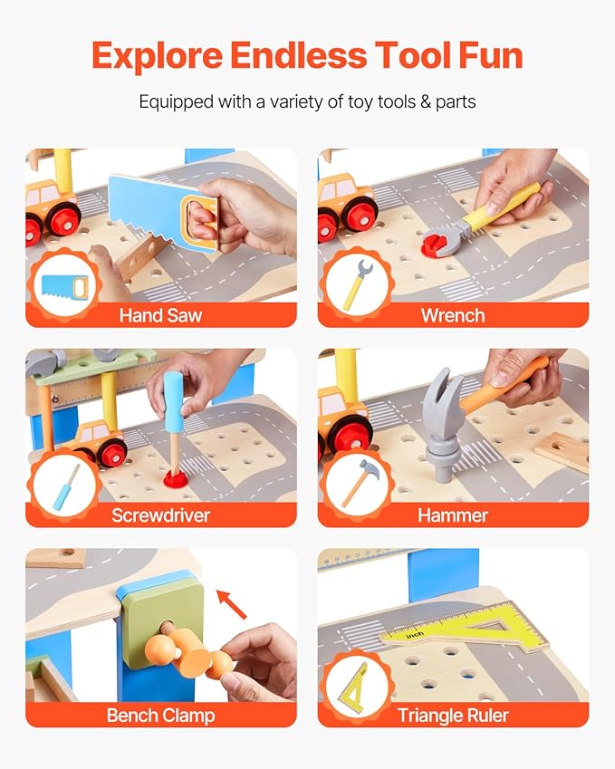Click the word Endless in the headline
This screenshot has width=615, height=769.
pyautogui.click(x=298, y=55)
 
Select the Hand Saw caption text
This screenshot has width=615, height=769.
pyautogui.click(x=160, y=315)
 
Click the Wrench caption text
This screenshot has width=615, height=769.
pyautogui.click(x=453, y=315)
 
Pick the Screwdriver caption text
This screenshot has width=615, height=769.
pyautogui.click(x=160, y=515)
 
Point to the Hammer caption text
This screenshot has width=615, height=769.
pyautogui.click(x=453, y=515)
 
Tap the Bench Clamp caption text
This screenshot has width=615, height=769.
pyautogui.click(x=160, y=715)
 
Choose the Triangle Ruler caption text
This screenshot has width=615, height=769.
pyautogui.click(x=453, y=715)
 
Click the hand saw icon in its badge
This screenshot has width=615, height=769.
pyautogui.click(x=64, y=287)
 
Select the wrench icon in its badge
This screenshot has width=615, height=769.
pyautogui.click(x=358, y=284)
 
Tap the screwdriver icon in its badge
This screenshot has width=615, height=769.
pyautogui.click(x=66, y=486)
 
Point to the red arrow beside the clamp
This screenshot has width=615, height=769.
pyautogui.click(x=232, y=604)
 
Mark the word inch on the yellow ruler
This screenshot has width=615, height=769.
pyautogui.click(x=415, y=635)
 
